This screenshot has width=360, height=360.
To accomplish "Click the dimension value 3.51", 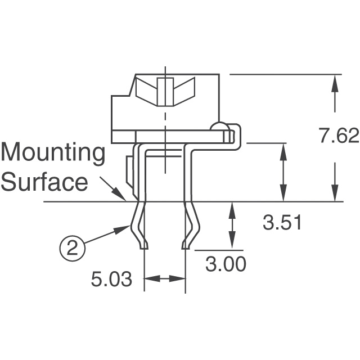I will coord(283,223).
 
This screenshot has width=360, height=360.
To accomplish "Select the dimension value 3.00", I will coord(226,264).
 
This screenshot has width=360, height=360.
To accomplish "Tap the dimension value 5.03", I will coord(112,279).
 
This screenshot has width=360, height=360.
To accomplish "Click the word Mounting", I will coord(53,154).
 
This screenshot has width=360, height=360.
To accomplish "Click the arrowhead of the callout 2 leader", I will coord(126,228).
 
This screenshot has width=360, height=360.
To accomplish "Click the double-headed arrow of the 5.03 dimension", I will coord(165,278).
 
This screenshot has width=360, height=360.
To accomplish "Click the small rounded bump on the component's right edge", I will coord(219,127).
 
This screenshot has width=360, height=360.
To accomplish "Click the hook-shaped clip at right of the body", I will coord(237,138).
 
